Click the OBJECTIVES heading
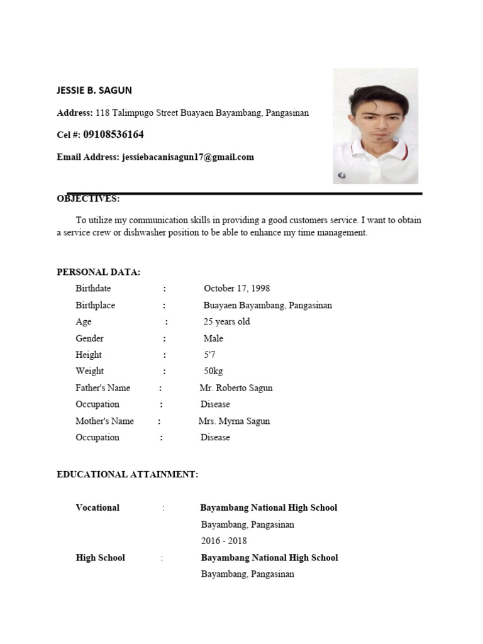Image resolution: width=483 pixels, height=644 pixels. pyautogui.click(x=88, y=199)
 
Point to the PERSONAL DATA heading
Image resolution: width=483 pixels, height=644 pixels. pyautogui.click(x=99, y=272)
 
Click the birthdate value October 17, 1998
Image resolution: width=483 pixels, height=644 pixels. pyautogui.click(x=236, y=289)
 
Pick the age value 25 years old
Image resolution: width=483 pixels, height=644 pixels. pyautogui.click(x=226, y=321)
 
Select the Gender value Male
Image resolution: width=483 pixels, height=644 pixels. pyautogui.click(x=213, y=338)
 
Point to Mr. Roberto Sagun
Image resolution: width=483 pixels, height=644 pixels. pyautogui.click(x=236, y=388)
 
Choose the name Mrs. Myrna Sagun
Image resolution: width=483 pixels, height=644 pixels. pyautogui.click(x=234, y=421)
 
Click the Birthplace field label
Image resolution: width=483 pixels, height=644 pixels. pyautogui.click(x=95, y=305)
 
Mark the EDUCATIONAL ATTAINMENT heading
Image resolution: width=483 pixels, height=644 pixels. pyautogui.click(x=128, y=474)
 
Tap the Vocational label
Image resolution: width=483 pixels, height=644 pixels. pyautogui.click(x=97, y=508)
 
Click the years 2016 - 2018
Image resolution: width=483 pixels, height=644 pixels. pyautogui.click(x=224, y=541)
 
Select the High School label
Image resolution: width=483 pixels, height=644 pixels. pyautogui.click(x=100, y=558)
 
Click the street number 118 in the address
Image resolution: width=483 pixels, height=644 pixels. pyautogui.click(x=103, y=113)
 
